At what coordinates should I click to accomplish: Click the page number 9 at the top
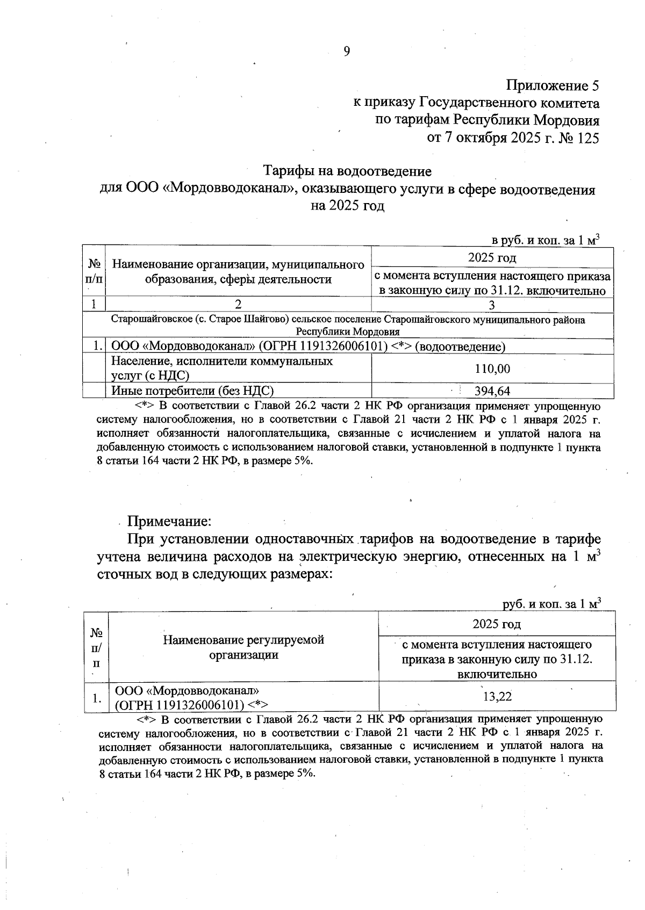coord(347,51)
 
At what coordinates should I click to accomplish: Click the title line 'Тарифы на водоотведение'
coord(347,171)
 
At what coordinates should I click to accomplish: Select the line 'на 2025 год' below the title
coord(348,206)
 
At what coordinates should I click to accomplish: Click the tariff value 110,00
coord(492,369)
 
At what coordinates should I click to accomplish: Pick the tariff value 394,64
coord(492,391)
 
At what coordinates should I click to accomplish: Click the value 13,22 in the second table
coord(497,697)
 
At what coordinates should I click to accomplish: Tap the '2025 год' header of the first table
coord(492,258)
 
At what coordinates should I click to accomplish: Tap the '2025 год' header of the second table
coord(497,624)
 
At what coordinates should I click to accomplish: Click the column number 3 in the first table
coord(492,305)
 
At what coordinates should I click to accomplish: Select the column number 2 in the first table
coord(238,305)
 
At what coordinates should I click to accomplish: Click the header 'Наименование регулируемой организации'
coord(243,647)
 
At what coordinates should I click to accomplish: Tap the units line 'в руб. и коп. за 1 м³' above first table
coord(546,240)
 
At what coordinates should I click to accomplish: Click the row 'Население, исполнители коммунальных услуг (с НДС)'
coord(221,369)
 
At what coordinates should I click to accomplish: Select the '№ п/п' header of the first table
coord(94,271)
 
